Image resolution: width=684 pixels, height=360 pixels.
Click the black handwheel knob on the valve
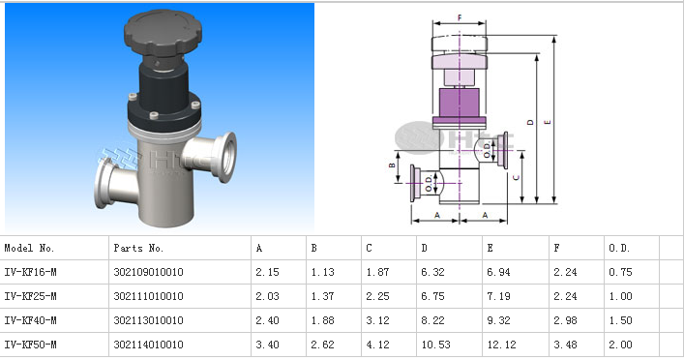(164, 32)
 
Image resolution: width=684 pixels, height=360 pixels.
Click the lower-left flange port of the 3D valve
(112, 184)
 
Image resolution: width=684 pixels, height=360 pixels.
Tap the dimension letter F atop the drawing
(460, 17)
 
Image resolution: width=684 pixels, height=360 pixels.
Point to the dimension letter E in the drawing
(548, 122)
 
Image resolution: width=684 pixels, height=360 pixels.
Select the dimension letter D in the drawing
(530, 122)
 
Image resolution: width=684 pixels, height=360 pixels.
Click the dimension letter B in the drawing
(392, 165)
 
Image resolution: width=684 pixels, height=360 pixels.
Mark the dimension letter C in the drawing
(516, 178)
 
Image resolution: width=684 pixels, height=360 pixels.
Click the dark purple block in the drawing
(460, 103)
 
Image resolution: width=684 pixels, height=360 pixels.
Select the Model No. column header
(29, 249)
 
